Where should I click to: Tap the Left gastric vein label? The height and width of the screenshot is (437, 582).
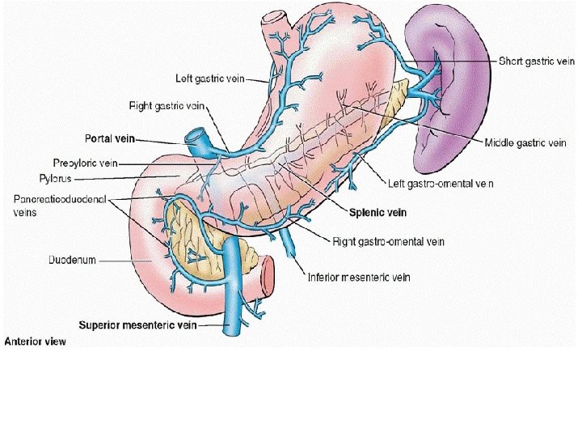(x=210, y=78)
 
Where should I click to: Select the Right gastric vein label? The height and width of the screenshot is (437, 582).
(x=167, y=106)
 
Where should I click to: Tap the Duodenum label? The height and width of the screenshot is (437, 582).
(x=72, y=260)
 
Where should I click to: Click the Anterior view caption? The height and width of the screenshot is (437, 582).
(x=35, y=342)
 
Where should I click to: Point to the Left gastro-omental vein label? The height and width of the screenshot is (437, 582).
(x=441, y=184)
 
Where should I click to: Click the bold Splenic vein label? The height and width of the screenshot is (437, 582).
(x=377, y=213)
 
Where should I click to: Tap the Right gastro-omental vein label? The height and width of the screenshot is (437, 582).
(x=388, y=241)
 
